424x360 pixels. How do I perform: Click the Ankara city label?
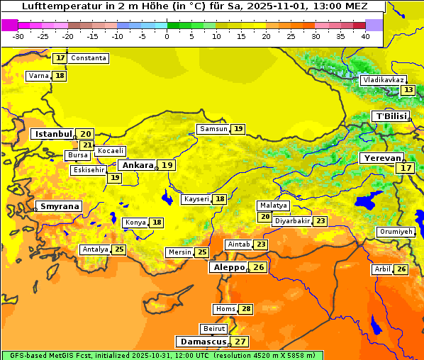(x=137, y=165)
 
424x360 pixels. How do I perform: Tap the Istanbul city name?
(x=54, y=133)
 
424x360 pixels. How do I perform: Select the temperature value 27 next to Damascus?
(x=241, y=342)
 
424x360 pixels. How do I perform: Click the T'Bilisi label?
(x=391, y=116)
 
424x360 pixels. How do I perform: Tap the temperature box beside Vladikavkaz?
(x=408, y=90)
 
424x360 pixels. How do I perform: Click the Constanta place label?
(x=89, y=58)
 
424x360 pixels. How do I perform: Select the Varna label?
(x=38, y=76)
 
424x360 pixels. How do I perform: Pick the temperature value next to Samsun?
(x=238, y=129)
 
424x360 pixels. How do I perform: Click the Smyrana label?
(x=60, y=206)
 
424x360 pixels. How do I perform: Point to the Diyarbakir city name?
(x=292, y=221)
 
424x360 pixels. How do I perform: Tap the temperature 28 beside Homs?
(x=246, y=309)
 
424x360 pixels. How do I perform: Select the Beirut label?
(x=214, y=329)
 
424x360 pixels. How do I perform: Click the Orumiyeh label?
(x=395, y=232)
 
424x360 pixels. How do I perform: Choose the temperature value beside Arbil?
(x=401, y=269)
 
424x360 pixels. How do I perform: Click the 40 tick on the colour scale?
(x=365, y=36)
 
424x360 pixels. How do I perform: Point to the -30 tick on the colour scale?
(x=18, y=36)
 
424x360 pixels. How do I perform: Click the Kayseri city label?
(x=196, y=199)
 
